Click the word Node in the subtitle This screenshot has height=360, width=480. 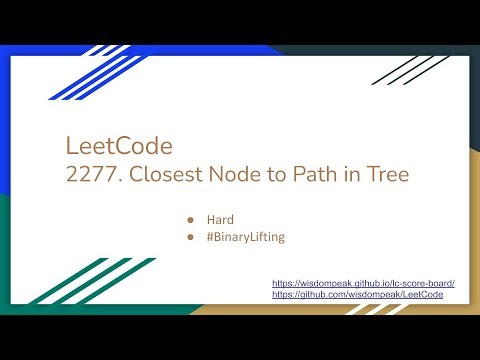coord(228,174)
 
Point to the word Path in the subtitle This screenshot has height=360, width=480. coord(299,174)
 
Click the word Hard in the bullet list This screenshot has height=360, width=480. coord(220,217)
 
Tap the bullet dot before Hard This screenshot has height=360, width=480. coord(190,217)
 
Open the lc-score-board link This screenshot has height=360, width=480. coord(363,285)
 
